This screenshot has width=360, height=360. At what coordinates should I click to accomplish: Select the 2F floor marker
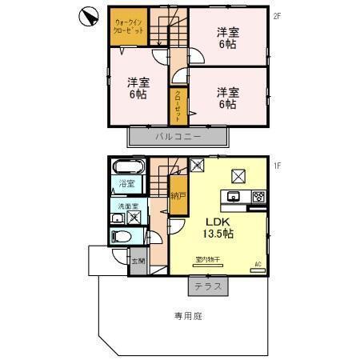coord(276,14)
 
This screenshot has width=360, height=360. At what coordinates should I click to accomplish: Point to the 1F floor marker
coord(276,166)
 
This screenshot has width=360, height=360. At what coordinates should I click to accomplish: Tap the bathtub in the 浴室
coord(126,168)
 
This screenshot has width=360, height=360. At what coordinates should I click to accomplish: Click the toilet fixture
coord(122,237)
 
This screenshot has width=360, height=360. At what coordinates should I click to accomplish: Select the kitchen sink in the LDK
coord(236,197)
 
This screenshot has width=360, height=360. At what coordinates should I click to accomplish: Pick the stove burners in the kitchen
coord(258,197)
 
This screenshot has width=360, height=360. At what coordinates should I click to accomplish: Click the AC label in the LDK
coord(258,263)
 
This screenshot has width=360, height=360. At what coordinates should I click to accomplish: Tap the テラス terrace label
coord(207,286)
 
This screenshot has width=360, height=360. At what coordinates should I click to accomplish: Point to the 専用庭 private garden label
coord(189,316)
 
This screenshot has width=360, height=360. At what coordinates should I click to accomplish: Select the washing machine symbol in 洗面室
coord(135,216)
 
